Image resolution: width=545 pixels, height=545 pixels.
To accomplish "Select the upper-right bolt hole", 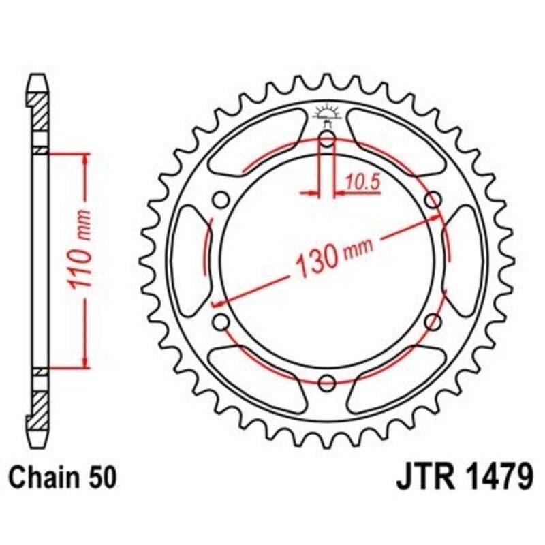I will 432,200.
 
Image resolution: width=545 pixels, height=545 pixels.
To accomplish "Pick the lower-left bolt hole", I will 221,322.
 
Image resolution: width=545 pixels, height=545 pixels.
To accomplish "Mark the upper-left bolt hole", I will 221,200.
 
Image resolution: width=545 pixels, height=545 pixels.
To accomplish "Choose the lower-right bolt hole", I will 432,322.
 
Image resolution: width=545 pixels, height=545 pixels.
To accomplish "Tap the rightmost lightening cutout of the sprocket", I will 464,260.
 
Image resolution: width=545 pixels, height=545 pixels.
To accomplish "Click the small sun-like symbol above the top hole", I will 326,113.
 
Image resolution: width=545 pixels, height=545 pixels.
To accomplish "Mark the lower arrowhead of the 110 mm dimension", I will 84,361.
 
